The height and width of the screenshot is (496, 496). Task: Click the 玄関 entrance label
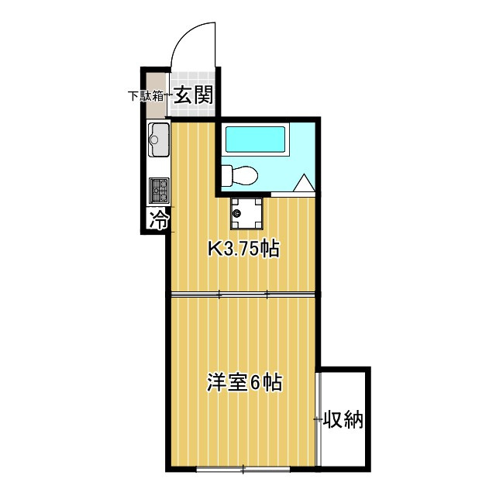[x=193, y=96]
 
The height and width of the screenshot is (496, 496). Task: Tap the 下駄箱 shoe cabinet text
[x=146, y=96]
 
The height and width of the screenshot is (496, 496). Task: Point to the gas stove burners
[x=158, y=188]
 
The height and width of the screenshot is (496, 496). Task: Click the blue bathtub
[x=255, y=140]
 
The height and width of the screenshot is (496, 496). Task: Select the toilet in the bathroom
[x=239, y=176]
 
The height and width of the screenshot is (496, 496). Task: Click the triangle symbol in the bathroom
[x=304, y=184]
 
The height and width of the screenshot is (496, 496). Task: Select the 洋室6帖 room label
[x=243, y=382]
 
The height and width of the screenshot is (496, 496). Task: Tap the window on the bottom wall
[x=243, y=468]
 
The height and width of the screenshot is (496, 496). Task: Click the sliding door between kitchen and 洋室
[x=243, y=294]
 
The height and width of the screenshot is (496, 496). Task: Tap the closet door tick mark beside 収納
[x=317, y=420]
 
